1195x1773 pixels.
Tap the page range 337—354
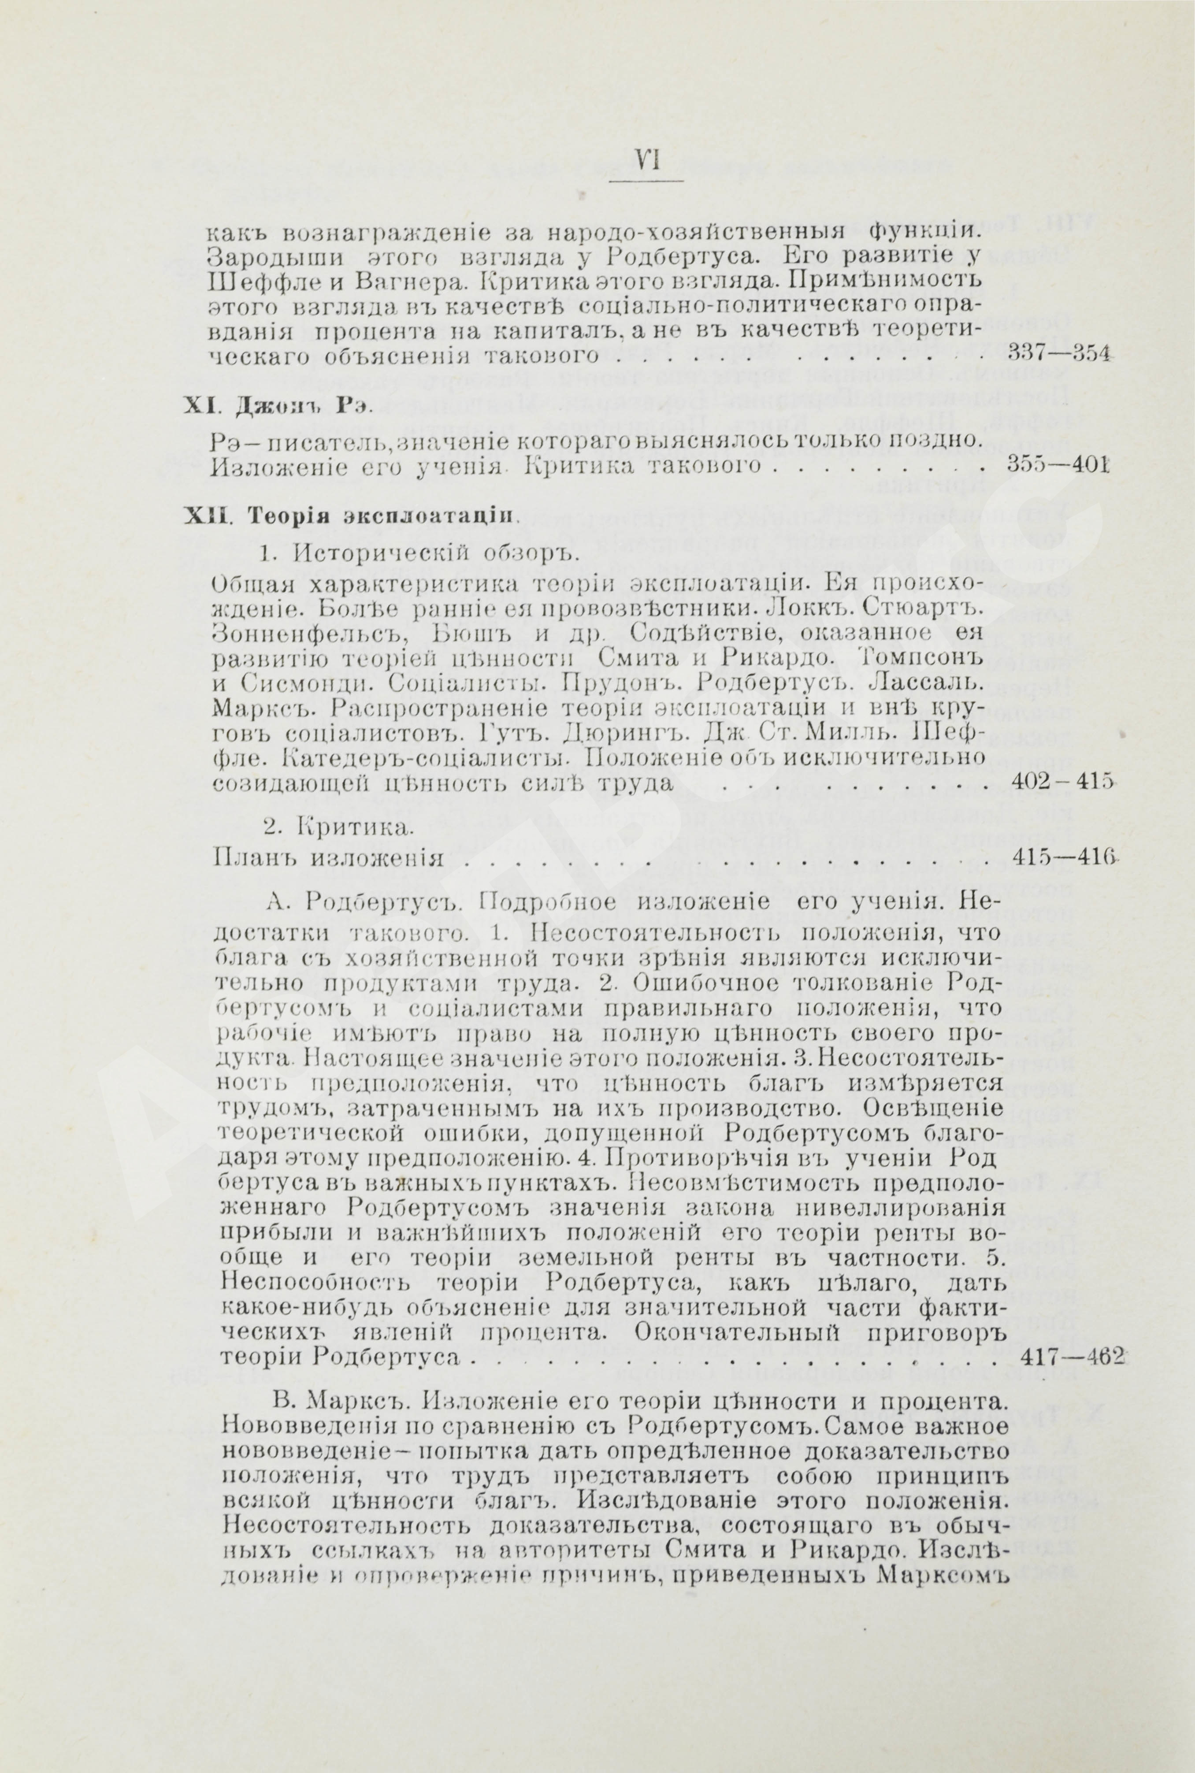[x=1057, y=353]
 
